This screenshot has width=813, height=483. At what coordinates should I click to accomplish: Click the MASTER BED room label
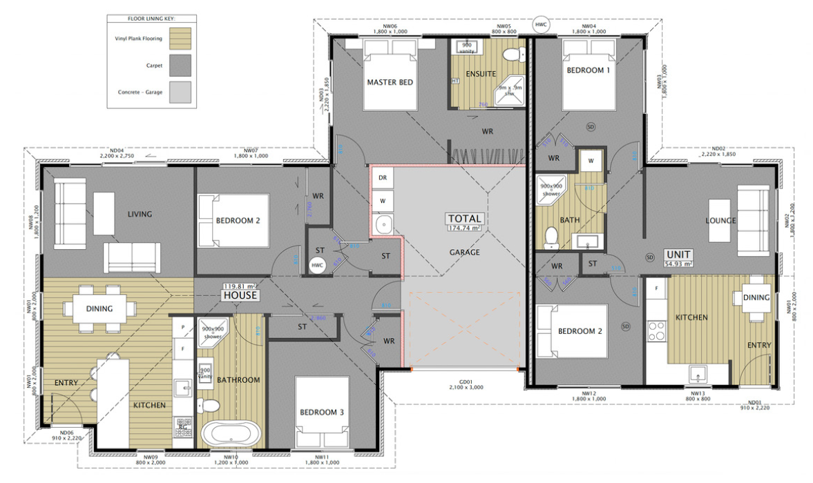coord(390,82)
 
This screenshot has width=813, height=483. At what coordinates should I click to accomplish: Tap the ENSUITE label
coord(480,73)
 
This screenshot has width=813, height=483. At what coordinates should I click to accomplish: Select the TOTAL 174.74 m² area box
coord(465,222)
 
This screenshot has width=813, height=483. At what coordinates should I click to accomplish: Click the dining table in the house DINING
coord(99,308)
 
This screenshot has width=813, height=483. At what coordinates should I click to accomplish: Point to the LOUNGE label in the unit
coord(720,221)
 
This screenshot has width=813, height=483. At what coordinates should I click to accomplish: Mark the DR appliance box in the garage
coord(382,177)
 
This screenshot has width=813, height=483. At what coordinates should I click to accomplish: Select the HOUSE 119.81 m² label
coord(239,291)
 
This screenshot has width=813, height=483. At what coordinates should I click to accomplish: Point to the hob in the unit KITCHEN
coord(656,333)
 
